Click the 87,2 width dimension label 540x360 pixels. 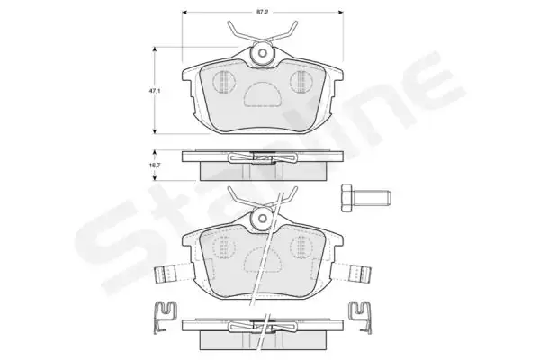coord(263,12)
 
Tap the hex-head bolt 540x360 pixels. coord(365,198)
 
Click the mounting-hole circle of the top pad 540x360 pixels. coord(263,53)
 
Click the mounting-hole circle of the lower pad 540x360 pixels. coord(263,218)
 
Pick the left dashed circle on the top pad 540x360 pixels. coord(224,81)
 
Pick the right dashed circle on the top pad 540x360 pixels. coord(301,81)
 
